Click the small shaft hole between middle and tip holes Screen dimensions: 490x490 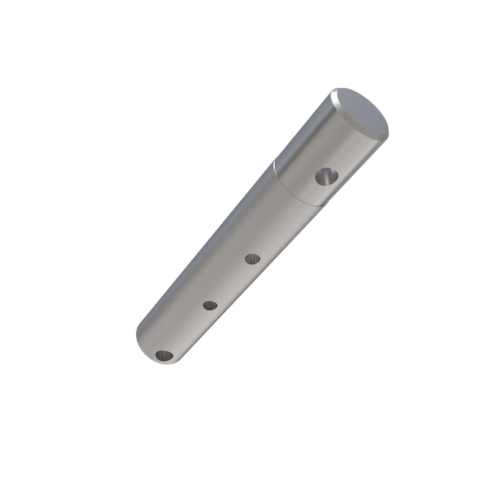coord(210,306)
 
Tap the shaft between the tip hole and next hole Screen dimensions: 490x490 coord(188,330)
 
